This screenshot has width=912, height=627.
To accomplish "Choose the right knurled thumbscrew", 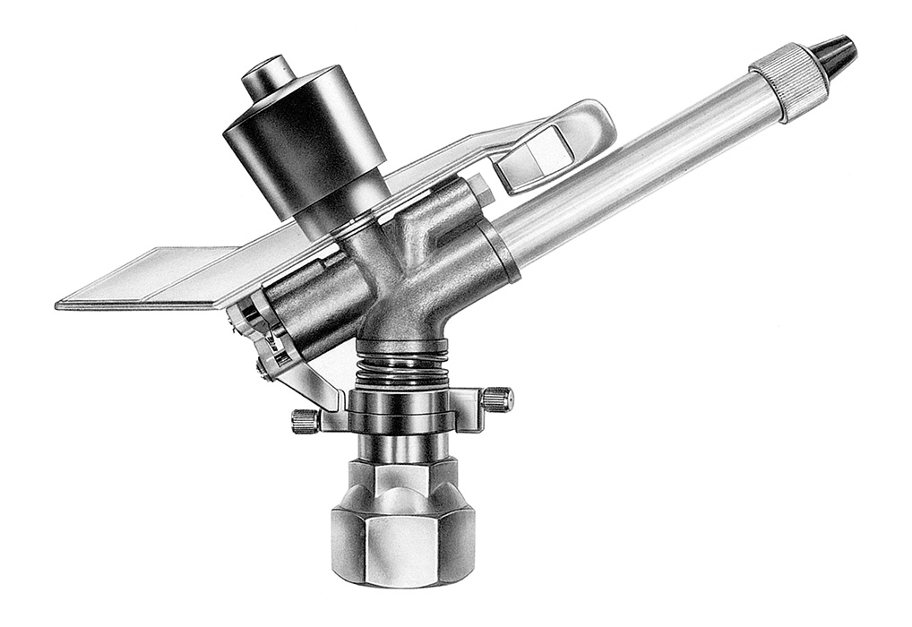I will (x=497, y=399).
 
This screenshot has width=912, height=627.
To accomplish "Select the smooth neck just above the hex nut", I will (x=402, y=448).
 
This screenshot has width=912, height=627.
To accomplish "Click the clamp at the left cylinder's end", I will (x=251, y=322).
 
